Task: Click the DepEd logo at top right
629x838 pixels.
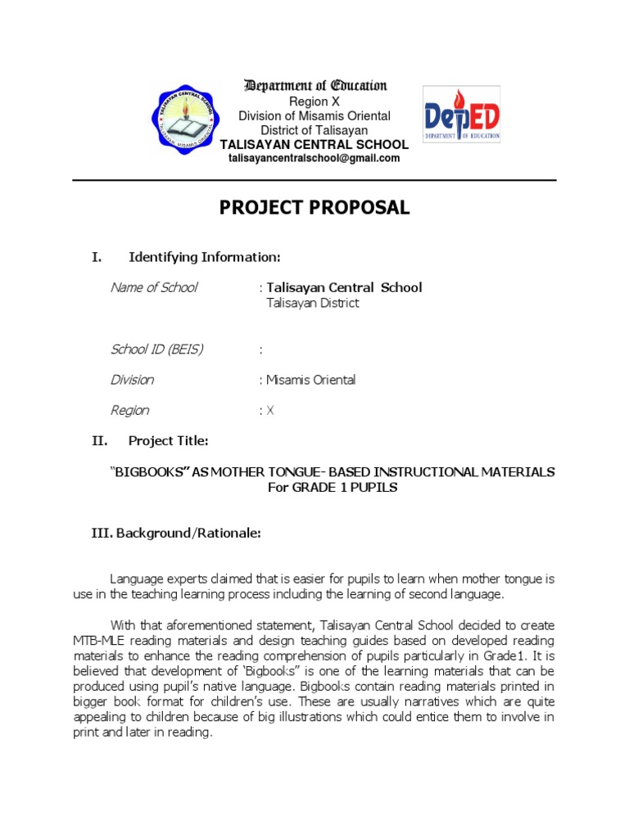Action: (461, 114)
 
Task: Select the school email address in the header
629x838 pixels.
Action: (314, 159)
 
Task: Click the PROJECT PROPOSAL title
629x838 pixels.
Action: (314, 208)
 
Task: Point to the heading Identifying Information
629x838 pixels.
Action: (204, 258)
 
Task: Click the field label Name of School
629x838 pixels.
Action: (154, 287)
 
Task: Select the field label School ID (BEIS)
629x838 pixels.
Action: (156, 349)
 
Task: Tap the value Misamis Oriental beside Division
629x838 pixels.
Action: (310, 381)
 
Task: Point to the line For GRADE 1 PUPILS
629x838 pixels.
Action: (332, 488)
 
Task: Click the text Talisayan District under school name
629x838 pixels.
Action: (313, 303)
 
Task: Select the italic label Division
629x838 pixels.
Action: (132, 381)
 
